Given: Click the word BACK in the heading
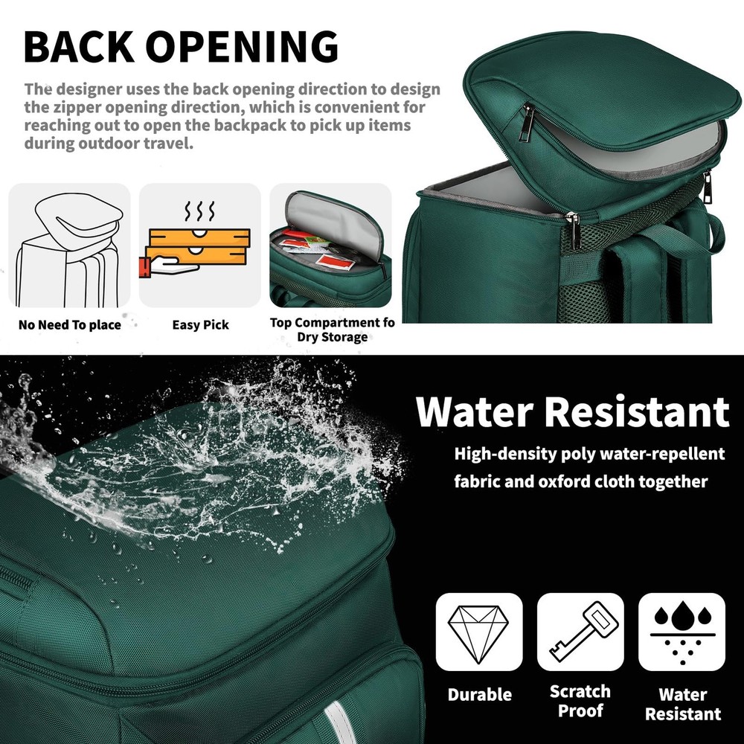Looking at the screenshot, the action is tap(79, 46).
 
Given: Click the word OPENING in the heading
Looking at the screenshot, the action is tap(242, 46).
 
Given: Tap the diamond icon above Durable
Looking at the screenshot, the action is tap(478, 632).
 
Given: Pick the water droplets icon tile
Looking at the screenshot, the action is tap(682, 632).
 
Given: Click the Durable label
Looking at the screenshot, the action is tap(480, 695).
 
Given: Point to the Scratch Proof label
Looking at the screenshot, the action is tap(580, 701).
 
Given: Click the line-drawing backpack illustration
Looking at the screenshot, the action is tap(69, 250).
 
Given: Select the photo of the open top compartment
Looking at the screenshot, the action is tap(331, 246).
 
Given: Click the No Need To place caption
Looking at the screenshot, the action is tap(70, 325).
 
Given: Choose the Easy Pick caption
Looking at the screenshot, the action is tap(200, 325).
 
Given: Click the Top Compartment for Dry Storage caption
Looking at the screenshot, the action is tap(332, 330).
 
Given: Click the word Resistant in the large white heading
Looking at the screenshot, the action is tap(637, 411).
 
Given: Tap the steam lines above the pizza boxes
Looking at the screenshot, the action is tap(199, 211).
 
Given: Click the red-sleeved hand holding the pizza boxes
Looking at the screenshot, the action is tap(167, 266).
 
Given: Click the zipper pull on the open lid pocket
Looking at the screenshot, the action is tap(526, 123).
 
